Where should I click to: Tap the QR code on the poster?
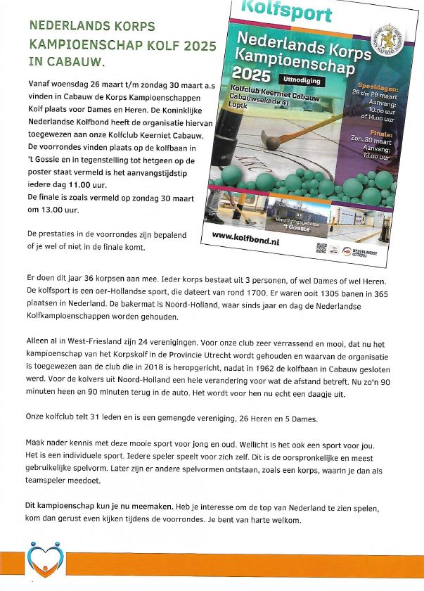(322, 248)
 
